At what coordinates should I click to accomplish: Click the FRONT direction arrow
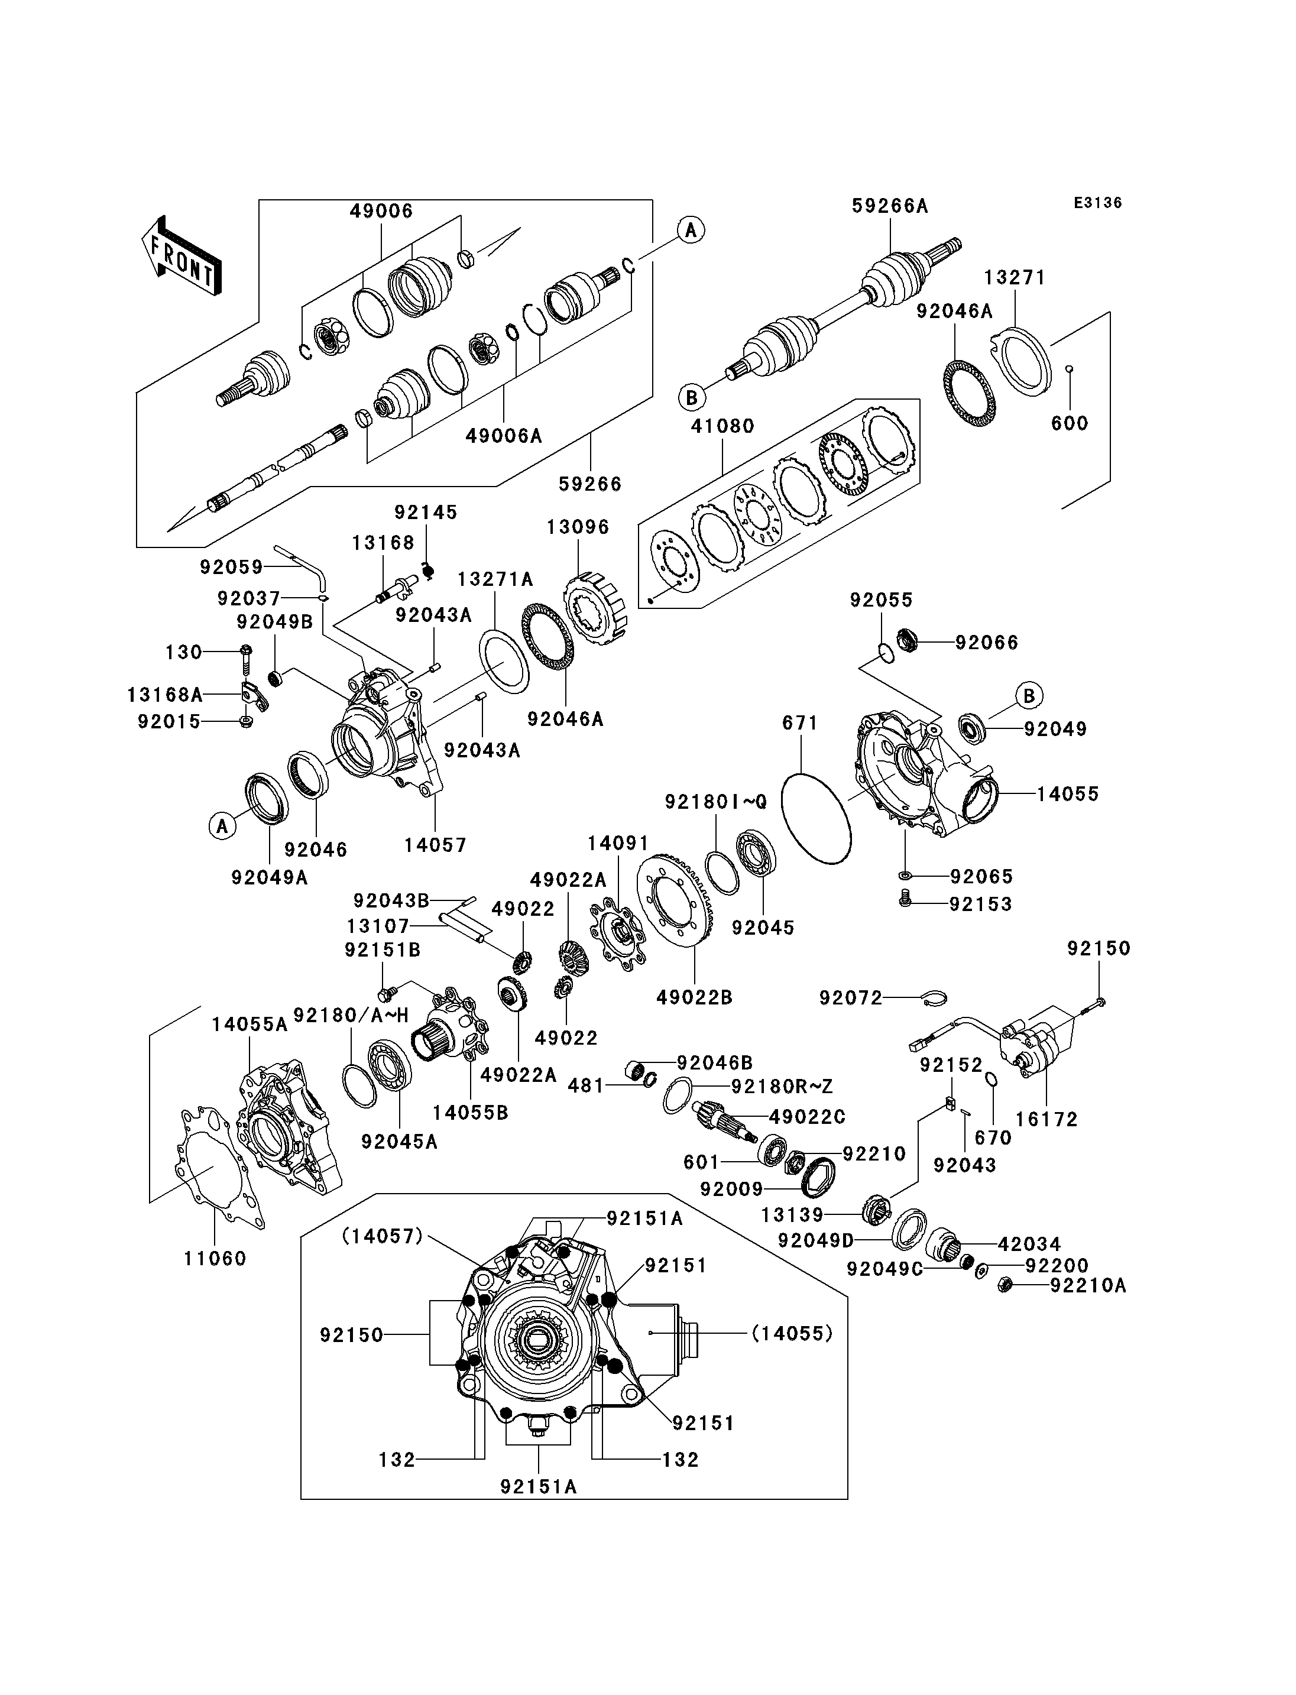point(182,255)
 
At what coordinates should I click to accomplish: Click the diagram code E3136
point(1098,203)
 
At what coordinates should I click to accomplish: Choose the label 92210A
point(1088,1285)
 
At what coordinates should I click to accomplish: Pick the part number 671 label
point(800,723)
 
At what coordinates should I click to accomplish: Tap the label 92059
point(231,567)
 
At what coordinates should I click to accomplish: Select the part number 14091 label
point(618,843)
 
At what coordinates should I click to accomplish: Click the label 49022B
point(694,997)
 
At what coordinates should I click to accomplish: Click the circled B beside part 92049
point(1029,695)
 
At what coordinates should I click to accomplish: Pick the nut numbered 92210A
point(1005,1285)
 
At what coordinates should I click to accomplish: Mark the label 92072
point(851,999)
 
